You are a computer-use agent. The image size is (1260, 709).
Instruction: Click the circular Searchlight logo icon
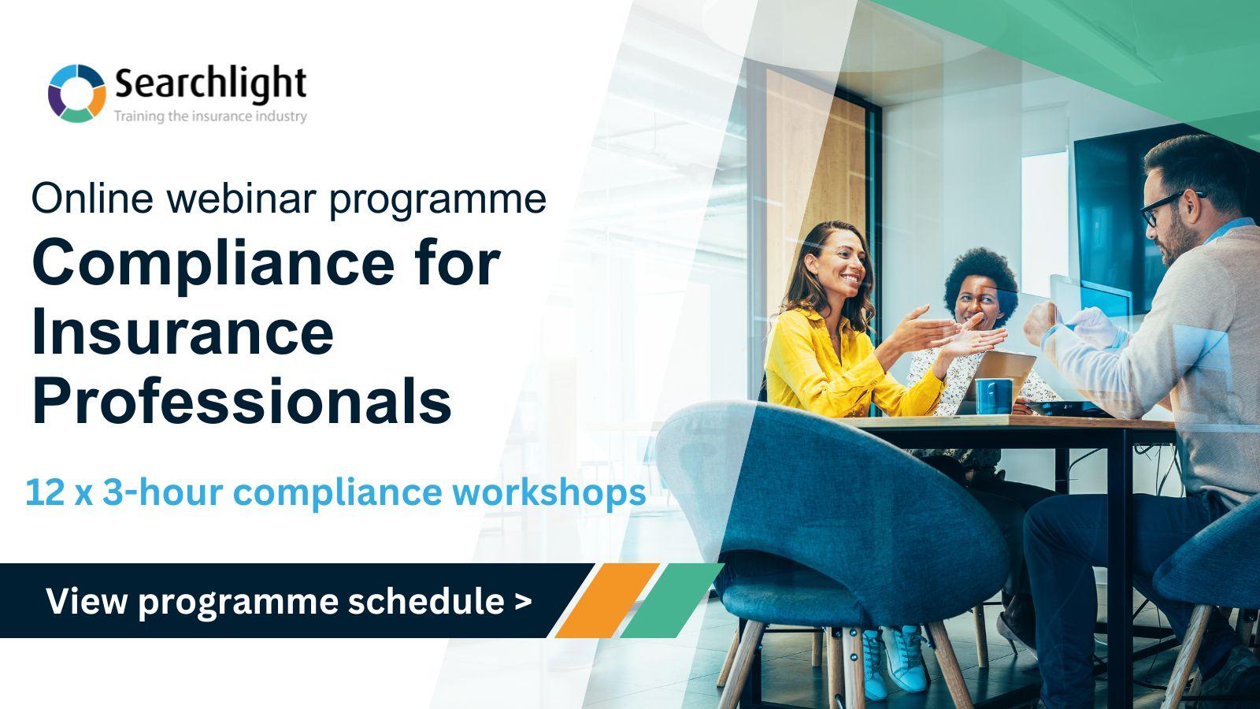[76, 93]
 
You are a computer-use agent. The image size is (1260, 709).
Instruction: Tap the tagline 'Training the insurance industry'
[210, 117]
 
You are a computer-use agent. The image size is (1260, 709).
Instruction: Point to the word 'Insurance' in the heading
[183, 332]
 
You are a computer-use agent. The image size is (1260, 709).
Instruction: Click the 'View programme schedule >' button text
[288, 601]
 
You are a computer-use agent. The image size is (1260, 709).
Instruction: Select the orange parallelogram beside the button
[606, 600]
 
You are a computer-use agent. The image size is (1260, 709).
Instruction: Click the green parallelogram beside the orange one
[671, 600]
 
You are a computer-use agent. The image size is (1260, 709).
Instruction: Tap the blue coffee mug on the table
[994, 396]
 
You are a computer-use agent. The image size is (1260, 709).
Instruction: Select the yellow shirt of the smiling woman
[827, 362]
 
